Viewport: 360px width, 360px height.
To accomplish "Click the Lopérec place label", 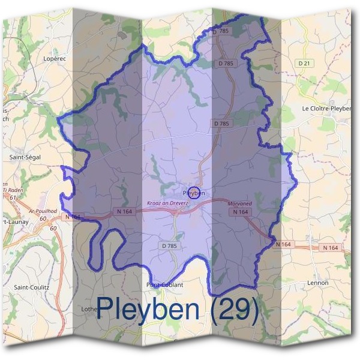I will [x=55, y=59].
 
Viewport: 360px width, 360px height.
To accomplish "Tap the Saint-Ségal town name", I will [x=25, y=157].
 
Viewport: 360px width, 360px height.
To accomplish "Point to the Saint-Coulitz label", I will [x=31, y=287].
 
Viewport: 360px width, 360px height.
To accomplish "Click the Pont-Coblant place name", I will [x=164, y=285].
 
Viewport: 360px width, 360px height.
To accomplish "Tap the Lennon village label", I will [x=317, y=283].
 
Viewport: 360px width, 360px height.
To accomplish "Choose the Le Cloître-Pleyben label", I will [x=327, y=109].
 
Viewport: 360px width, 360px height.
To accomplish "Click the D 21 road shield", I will [x=305, y=63].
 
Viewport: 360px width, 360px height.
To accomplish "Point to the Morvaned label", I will [x=240, y=203].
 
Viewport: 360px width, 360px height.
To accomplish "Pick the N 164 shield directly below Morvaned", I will [x=239, y=212].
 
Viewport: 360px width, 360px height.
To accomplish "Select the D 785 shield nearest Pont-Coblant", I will [x=170, y=246].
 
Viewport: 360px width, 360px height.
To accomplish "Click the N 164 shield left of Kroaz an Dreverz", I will [x=124, y=211].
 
